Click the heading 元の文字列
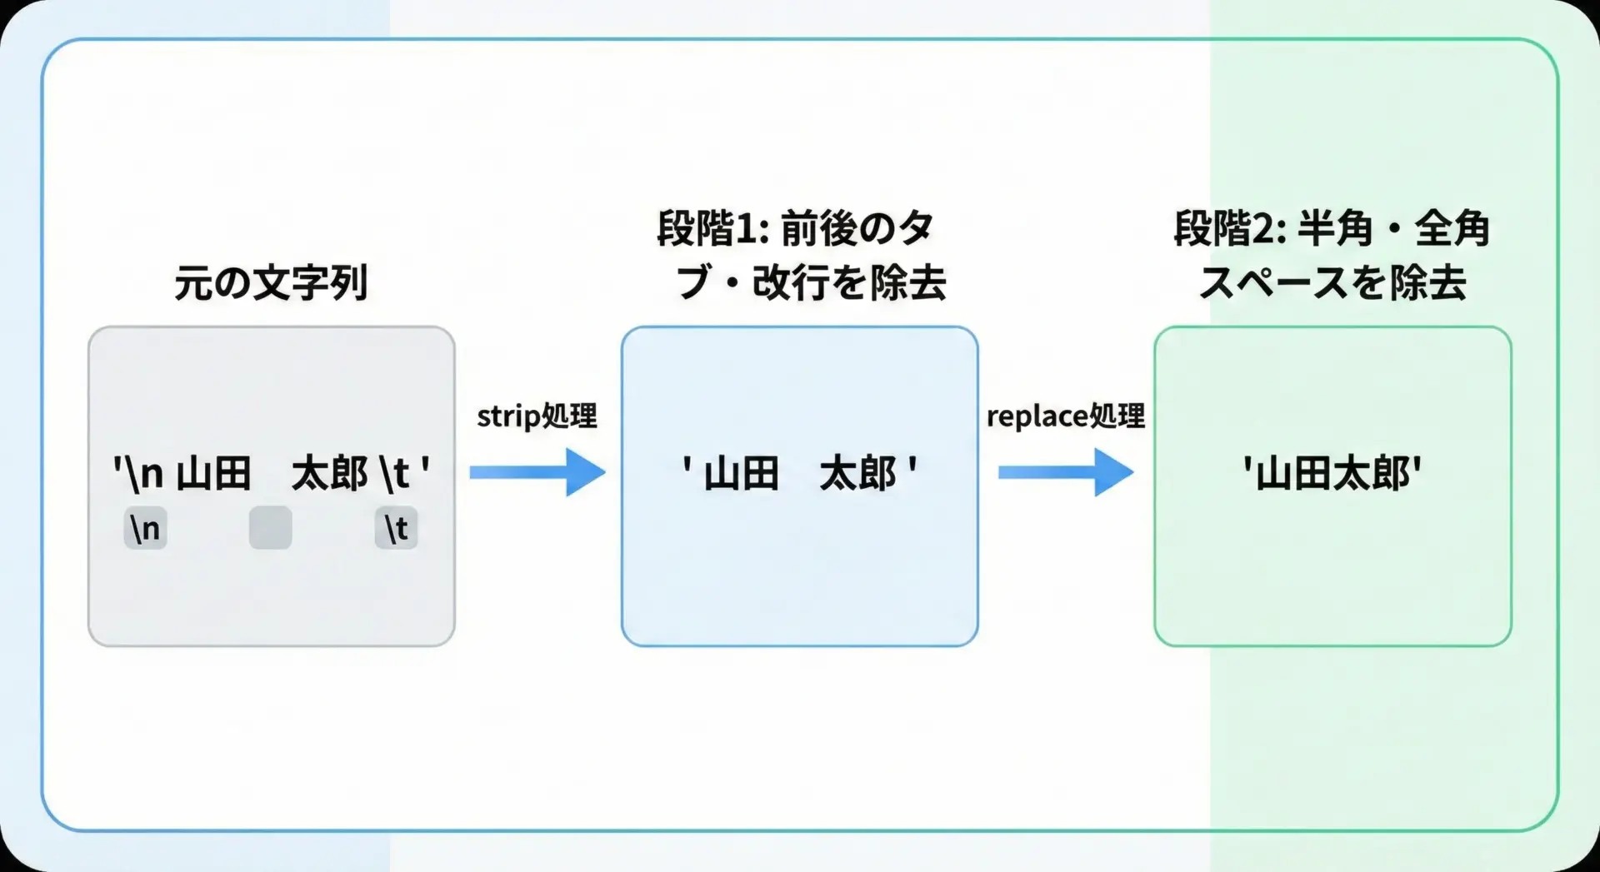(271, 283)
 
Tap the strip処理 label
(537, 416)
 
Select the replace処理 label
(1065, 416)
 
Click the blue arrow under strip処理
(537, 472)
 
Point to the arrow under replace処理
(1066, 472)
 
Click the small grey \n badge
(145, 528)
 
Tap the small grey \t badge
(396, 528)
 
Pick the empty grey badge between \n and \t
(271, 528)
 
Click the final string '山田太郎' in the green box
(1332, 473)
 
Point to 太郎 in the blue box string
(857, 473)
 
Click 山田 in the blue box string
(741, 473)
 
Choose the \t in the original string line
(394, 473)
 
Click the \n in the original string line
(141, 473)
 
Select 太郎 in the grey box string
(329, 473)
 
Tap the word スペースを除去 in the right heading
(1332, 283)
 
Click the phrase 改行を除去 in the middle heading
(849, 283)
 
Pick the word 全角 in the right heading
(1452, 228)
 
